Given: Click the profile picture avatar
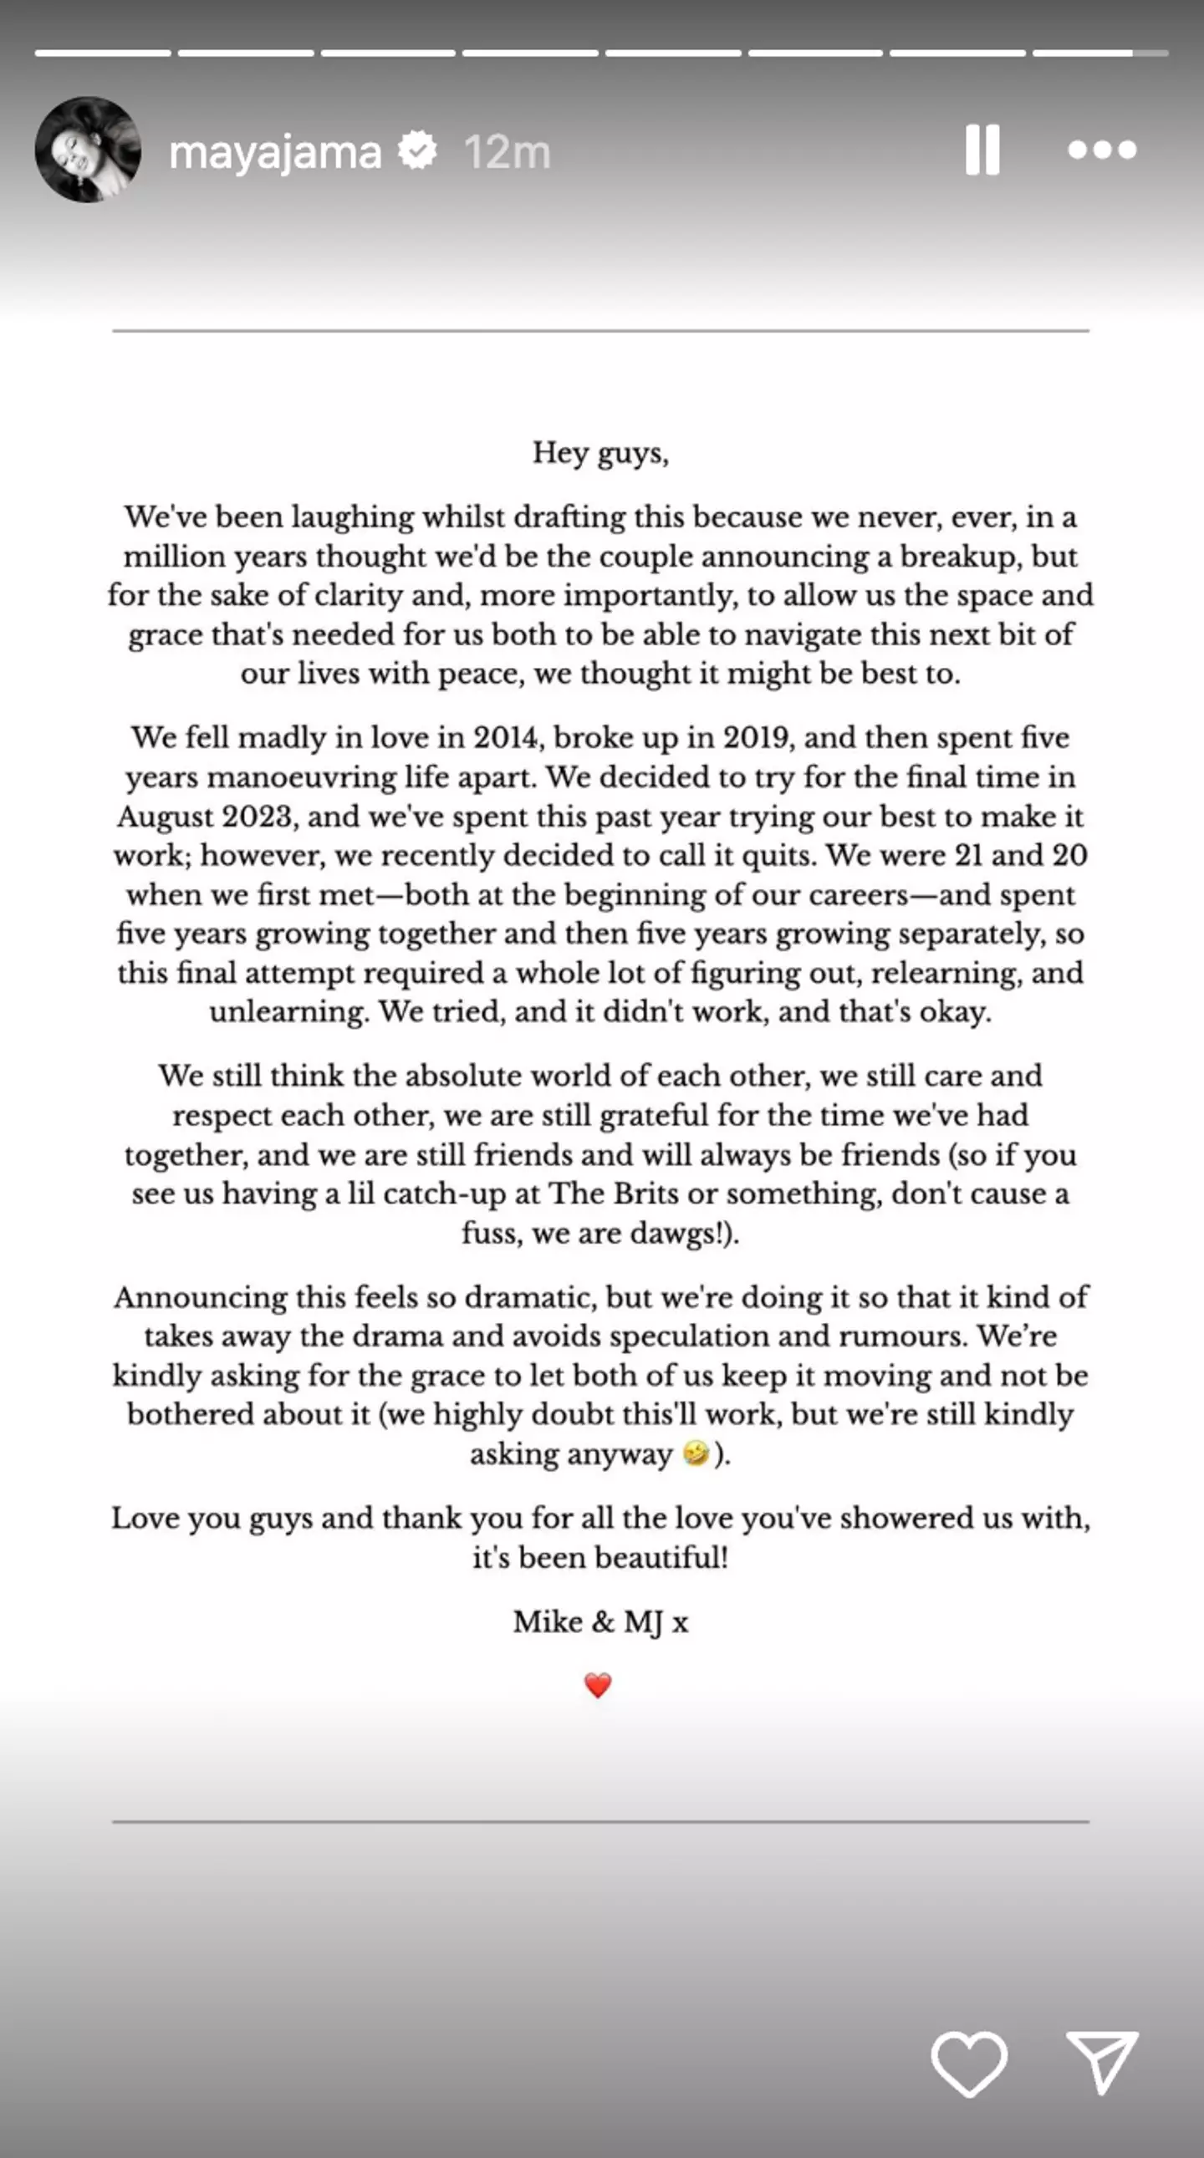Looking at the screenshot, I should click(x=87, y=150).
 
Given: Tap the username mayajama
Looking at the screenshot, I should click(x=275, y=152).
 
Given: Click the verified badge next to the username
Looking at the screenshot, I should click(x=417, y=150).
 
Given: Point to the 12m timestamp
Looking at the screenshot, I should click(x=507, y=152).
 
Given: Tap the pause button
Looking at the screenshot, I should click(x=982, y=150).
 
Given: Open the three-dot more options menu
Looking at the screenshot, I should click(x=1102, y=150).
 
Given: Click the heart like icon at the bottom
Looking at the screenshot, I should click(x=968, y=2063).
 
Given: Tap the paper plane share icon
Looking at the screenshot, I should click(x=1101, y=2061).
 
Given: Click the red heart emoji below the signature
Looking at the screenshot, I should click(x=597, y=1685).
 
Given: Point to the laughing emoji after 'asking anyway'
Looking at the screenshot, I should click(x=696, y=1453).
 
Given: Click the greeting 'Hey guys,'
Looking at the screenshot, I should click(x=600, y=453).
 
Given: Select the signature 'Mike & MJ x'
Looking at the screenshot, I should click(x=600, y=1622).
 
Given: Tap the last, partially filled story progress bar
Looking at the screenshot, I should click(x=1099, y=53).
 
